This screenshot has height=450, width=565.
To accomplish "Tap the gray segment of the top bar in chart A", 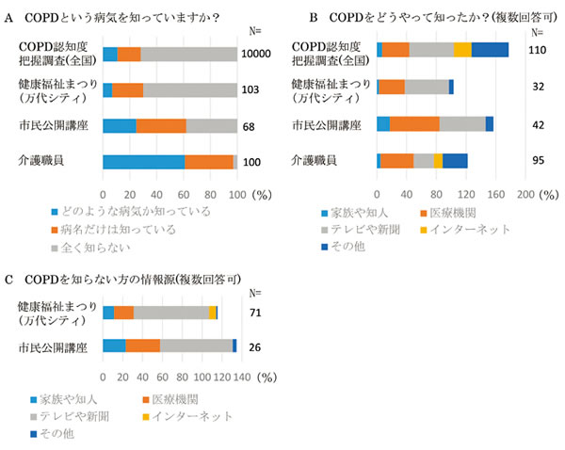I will point(188,54).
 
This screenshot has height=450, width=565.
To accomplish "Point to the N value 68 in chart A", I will point(250,126).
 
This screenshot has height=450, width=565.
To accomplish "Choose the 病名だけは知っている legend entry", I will point(175,229).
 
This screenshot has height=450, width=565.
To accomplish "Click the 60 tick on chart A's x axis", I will point(184,185).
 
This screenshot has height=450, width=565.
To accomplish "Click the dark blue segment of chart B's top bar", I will point(490,49).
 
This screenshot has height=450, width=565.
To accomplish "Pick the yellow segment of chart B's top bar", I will point(462,49).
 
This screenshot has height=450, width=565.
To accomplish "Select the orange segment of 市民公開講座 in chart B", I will point(414,123).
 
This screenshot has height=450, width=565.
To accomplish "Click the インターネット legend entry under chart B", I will point(479,229).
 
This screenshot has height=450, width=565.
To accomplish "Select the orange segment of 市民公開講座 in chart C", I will point(143,346).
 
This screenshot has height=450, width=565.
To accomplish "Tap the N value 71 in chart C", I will point(255,313).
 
